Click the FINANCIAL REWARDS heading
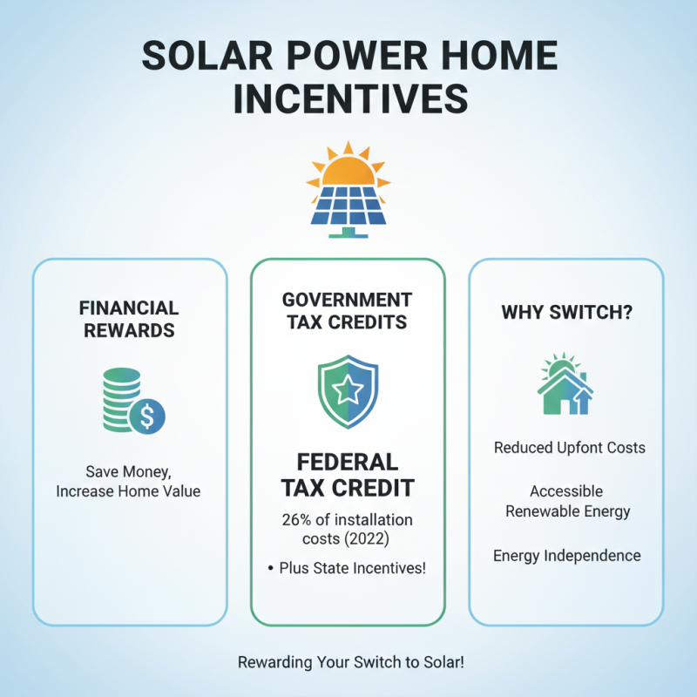pyautogui.click(x=129, y=319)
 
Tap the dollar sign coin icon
pyautogui.click(x=146, y=417)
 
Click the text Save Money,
pyautogui.click(x=129, y=471)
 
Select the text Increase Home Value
pyautogui.click(x=129, y=491)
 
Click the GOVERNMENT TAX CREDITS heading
pyautogui.click(x=348, y=309)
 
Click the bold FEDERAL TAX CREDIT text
pyautogui.click(x=348, y=474)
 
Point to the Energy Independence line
pyautogui.click(x=566, y=555)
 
